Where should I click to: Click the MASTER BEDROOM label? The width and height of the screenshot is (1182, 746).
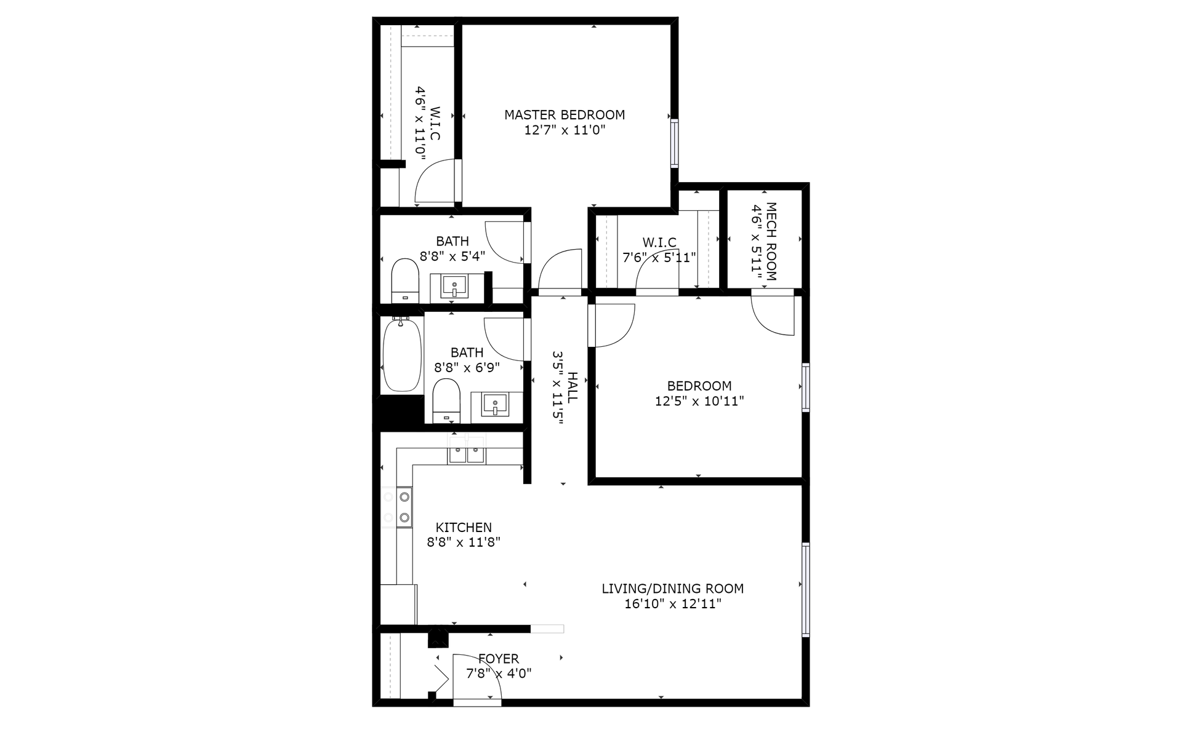[x=565, y=114]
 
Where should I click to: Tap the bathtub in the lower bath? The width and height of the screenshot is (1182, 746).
[x=402, y=355]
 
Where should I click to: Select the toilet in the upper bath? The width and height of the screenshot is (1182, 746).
[x=405, y=280]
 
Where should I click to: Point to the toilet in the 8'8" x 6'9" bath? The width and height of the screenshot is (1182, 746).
[x=446, y=400]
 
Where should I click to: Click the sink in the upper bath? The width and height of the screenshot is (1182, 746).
[x=455, y=286]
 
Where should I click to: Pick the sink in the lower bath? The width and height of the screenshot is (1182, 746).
[x=495, y=405]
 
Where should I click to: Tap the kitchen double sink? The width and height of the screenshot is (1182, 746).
[x=466, y=454]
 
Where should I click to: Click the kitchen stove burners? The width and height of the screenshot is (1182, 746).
[x=404, y=507]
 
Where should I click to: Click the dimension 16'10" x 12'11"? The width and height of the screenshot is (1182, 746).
[x=673, y=604]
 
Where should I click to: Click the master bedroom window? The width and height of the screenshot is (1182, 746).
[x=675, y=143]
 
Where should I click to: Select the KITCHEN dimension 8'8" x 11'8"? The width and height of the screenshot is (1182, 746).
[x=464, y=542]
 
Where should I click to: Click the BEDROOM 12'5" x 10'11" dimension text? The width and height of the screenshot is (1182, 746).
[x=699, y=402]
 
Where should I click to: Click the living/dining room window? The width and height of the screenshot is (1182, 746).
[x=805, y=589]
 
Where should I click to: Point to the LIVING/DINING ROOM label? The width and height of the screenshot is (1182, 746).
[x=673, y=589]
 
